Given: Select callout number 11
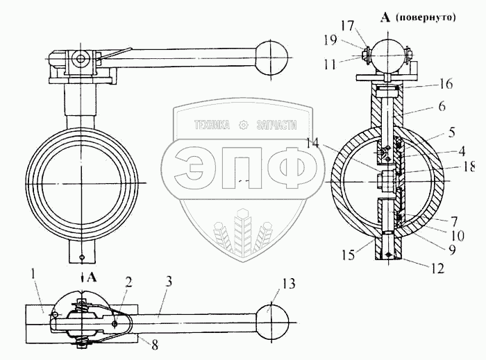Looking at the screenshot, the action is coord(349,65).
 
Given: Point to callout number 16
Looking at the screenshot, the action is coord(445,85).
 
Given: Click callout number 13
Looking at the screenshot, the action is coord(289,284).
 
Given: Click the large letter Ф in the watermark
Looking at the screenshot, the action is coord(295,166).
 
